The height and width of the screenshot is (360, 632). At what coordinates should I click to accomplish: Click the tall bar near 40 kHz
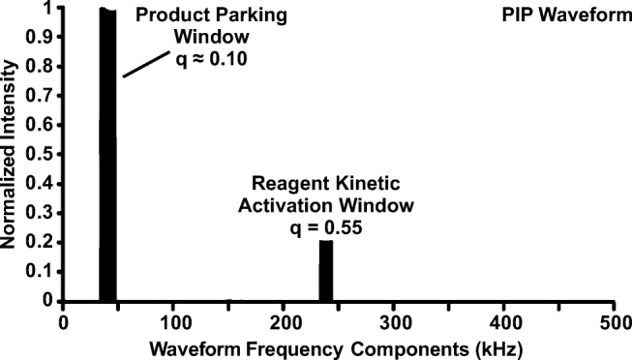(x=107, y=155)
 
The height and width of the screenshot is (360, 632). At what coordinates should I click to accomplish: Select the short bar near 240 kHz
(x=326, y=271)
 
